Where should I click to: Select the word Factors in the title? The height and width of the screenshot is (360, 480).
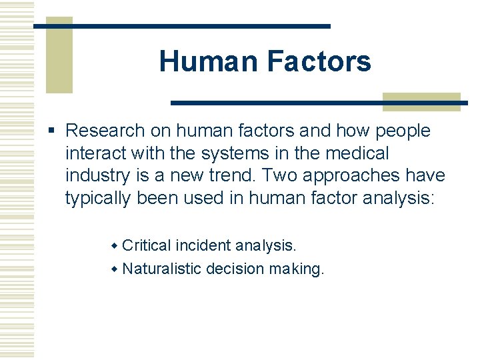(319, 62)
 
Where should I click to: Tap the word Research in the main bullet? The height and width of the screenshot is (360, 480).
(105, 131)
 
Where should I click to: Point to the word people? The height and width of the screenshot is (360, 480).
(402, 131)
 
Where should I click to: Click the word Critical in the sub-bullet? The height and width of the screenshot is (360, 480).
(147, 246)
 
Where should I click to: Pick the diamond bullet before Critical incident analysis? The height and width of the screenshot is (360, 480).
(114, 247)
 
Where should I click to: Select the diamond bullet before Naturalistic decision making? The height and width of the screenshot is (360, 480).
(114, 270)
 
